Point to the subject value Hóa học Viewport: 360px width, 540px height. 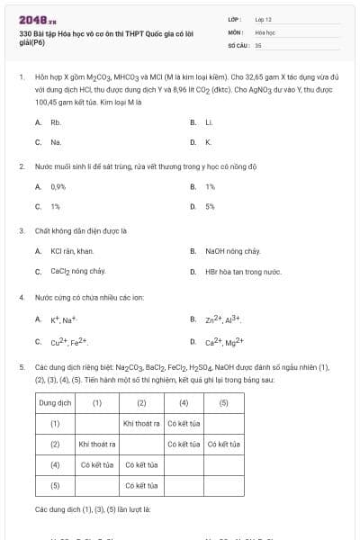(x=265, y=31)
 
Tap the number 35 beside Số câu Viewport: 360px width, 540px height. (x=258, y=43)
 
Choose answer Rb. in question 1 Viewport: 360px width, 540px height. (x=56, y=121)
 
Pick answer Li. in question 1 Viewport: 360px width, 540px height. (x=208, y=121)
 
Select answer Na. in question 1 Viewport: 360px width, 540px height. (x=56, y=142)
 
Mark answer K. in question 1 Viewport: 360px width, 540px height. (x=208, y=142)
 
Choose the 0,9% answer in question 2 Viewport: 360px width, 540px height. (x=58, y=186)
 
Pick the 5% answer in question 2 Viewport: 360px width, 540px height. (x=210, y=206)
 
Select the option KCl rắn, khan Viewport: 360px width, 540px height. (x=72, y=251)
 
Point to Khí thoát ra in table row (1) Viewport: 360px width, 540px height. (x=141, y=423)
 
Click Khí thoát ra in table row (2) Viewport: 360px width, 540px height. (x=97, y=444)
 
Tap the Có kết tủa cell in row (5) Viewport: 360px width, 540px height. (x=141, y=485)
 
